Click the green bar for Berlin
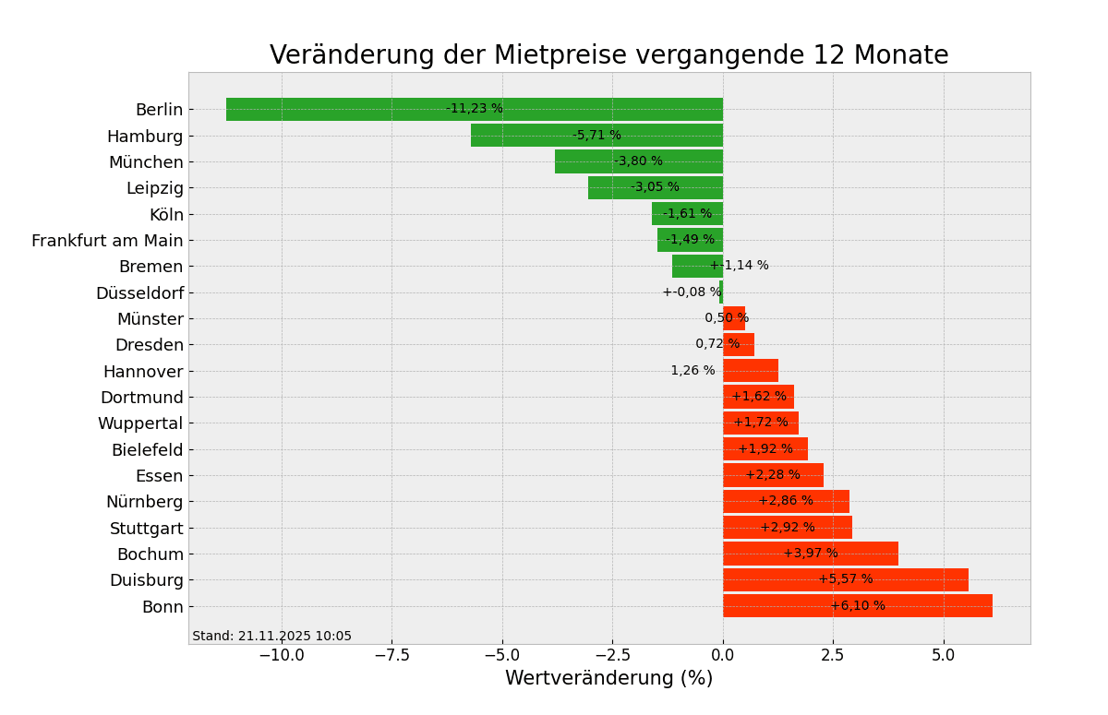click(369, 110)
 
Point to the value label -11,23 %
click(475, 109)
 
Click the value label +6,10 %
click(858, 606)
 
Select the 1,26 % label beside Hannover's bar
click(692, 371)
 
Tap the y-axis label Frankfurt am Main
click(107, 241)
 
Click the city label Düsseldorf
click(139, 293)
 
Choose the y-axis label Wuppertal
click(140, 423)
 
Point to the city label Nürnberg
click(144, 502)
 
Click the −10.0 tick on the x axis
click(281, 655)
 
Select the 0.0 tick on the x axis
click(723, 655)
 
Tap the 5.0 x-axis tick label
click(944, 655)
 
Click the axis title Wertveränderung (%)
click(608, 679)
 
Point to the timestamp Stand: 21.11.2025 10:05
click(271, 637)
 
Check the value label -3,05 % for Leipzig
click(655, 187)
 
